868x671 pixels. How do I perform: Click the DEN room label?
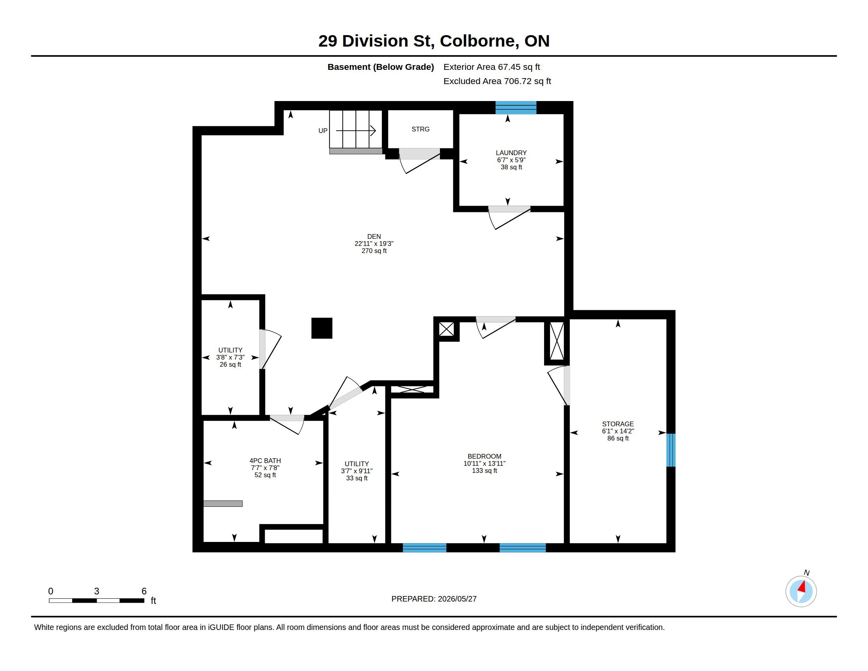coord(374,236)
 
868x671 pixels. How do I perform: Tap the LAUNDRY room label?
coord(511,153)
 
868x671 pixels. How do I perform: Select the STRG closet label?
coord(421,129)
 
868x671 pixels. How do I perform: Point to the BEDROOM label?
coord(484,456)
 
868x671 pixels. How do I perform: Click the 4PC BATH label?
coord(265,461)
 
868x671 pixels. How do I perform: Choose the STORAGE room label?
coord(617,424)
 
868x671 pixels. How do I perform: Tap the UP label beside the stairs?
coord(323,131)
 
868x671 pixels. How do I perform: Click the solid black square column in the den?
coord(322,328)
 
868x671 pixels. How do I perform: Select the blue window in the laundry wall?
coord(516,108)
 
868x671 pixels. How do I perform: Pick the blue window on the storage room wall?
coord(670,450)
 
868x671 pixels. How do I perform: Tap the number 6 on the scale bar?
coord(144,591)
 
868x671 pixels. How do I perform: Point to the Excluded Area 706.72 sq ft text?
coord(497,81)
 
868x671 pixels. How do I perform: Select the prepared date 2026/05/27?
coord(457,599)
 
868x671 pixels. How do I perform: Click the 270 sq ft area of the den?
coord(374,251)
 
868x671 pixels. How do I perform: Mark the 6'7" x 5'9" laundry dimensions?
coord(511,160)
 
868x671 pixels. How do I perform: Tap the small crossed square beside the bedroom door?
coord(446,329)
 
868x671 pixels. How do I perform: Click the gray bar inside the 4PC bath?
coord(223,504)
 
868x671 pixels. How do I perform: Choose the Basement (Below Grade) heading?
coord(380,67)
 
